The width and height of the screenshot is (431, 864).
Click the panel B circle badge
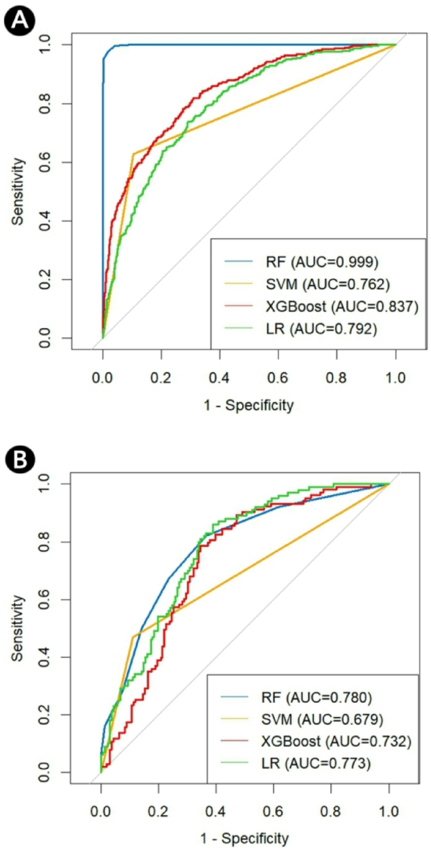(x=20, y=460)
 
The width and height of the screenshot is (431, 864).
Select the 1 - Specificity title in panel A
(x=249, y=405)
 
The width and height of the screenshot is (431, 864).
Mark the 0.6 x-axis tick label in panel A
(x=278, y=377)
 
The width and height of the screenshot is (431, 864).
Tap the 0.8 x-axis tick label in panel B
(x=331, y=811)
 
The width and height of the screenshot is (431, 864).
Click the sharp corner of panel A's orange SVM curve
(x=133, y=154)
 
